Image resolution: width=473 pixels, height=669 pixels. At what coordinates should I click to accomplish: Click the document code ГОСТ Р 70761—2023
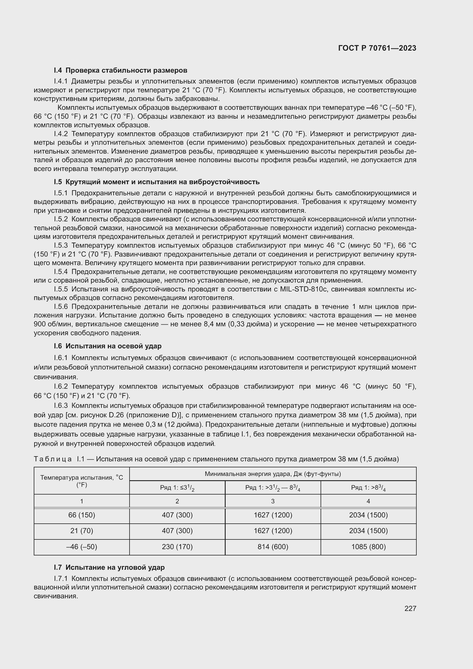377,48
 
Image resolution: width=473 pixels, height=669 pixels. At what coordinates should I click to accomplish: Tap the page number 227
410,608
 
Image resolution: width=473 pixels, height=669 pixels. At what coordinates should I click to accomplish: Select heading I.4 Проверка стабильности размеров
120,70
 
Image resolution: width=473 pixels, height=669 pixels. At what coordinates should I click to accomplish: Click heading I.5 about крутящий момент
156,182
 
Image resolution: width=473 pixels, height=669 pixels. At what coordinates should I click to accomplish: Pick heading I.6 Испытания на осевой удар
108,346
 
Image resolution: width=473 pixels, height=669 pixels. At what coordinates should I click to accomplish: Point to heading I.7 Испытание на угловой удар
109,567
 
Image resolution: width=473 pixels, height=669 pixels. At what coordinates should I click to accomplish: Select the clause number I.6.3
61,406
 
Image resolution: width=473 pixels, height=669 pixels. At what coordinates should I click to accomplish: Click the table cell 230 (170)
177,547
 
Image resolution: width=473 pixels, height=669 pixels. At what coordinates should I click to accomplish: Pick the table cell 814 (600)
273,547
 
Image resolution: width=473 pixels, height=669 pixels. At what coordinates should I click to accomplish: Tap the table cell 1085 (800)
368,547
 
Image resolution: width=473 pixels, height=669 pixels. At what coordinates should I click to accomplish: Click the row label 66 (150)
82,515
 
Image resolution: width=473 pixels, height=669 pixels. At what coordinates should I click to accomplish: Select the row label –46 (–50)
82,547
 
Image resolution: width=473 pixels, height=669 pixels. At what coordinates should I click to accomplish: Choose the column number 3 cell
273,501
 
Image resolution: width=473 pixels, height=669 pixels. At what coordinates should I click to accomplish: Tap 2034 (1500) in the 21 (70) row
368,531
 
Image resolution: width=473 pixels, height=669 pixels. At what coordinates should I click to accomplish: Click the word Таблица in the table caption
53,459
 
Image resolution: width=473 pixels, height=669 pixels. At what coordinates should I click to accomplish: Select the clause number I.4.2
61,134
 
